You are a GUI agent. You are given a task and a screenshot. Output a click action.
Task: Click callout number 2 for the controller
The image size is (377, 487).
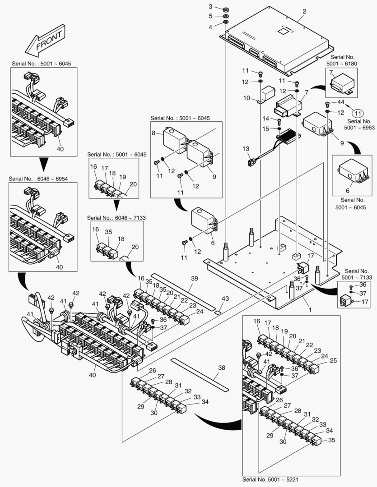point(304,11)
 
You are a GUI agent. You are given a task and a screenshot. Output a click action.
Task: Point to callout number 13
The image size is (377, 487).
point(246,148)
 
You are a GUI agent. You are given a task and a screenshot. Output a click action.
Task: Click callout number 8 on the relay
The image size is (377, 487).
point(154,133)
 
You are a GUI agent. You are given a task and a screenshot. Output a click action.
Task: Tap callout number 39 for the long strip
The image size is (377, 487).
point(194,279)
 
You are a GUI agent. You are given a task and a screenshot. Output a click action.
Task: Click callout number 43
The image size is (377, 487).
point(225,299)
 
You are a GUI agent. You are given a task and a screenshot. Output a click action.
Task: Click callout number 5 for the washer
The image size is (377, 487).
point(210,16)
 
